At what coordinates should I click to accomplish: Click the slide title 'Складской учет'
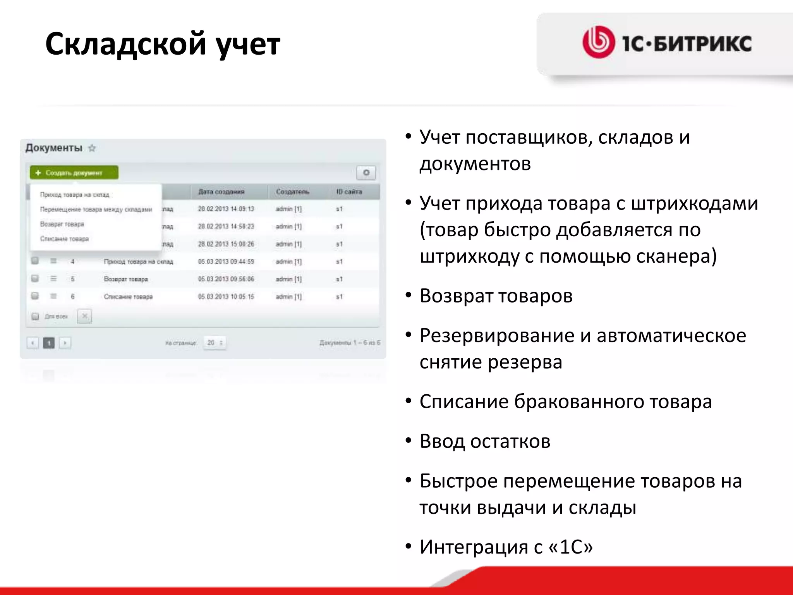[163, 44]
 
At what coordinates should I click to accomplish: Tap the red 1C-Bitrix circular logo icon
[598, 42]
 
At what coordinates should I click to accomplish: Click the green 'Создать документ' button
[74, 173]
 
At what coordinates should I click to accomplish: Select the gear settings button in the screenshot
[366, 173]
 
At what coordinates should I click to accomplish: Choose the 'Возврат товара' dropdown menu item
[62, 224]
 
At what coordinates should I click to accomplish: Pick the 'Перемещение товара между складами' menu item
[96, 210]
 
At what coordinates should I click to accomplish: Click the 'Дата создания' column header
[221, 192]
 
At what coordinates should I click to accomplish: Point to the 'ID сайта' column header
[349, 192]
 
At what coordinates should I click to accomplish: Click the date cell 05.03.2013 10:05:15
[226, 297]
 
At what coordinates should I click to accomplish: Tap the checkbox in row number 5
[35, 279]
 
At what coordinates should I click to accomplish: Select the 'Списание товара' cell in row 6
[128, 297]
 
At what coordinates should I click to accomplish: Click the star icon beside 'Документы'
[92, 148]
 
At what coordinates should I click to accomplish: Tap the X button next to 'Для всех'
[84, 316]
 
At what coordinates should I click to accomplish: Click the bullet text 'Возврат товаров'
[496, 296]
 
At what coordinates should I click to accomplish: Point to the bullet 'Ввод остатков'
[485, 441]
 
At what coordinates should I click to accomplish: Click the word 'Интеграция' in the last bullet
[474, 547]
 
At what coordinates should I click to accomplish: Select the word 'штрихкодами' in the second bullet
[694, 203]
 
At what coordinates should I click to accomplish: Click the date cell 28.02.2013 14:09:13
[226, 209]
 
